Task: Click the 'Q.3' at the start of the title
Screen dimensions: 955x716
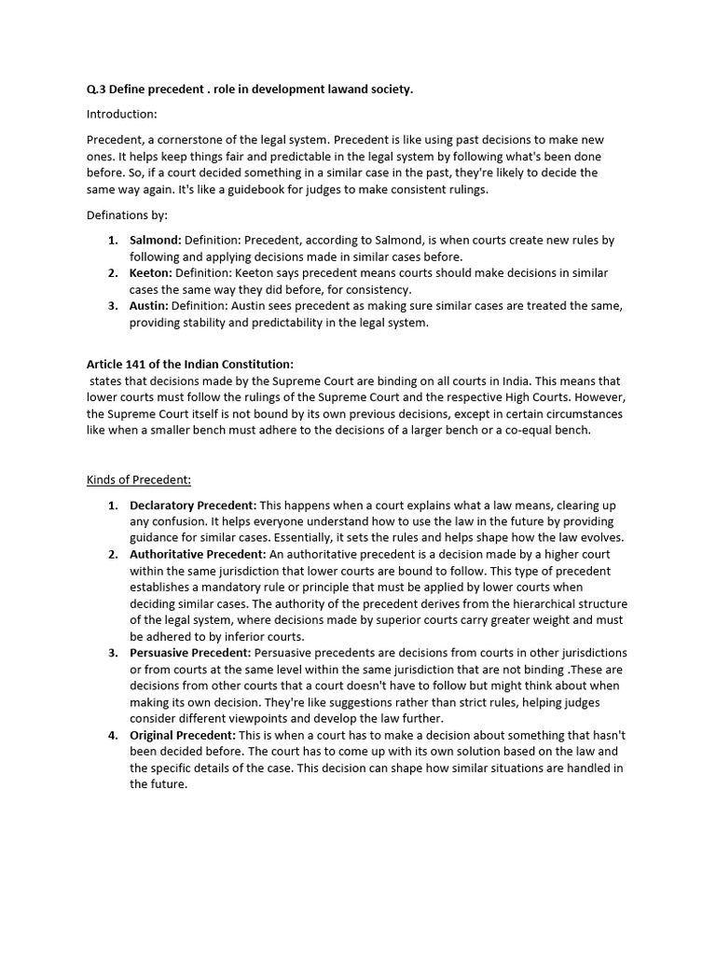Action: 97,89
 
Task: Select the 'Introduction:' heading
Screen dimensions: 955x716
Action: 121,114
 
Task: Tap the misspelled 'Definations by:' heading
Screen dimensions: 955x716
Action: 127,215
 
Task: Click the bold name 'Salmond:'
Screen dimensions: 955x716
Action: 155,241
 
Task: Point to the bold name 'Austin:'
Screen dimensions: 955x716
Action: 149,306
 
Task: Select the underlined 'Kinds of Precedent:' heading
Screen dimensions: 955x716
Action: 139,480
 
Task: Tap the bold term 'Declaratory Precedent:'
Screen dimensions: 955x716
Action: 193,505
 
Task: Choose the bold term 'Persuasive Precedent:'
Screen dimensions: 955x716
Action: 189,652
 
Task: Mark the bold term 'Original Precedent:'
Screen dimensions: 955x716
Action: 183,735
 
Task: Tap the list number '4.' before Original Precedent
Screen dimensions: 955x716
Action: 112,735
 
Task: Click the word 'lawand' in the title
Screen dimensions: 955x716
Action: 335,89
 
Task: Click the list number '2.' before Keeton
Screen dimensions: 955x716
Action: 112,273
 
